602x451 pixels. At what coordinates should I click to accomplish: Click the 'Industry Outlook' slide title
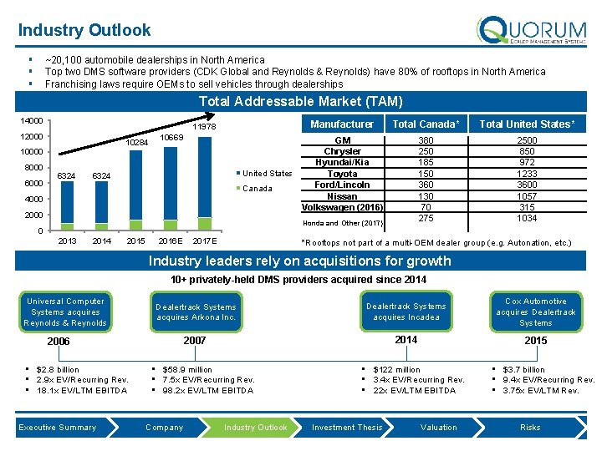[84, 31]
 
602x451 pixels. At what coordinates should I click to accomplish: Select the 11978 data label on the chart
[205, 127]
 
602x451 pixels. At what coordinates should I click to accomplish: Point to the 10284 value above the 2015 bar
[136, 142]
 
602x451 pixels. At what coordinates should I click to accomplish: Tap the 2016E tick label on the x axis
[171, 241]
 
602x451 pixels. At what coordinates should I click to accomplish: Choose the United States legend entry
[266, 174]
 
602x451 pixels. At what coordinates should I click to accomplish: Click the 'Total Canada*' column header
[426, 124]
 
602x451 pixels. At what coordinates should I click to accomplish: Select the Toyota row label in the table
[343, 174]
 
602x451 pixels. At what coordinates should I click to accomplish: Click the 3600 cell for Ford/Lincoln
[527, 185]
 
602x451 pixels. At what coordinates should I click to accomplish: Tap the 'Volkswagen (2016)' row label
[343, 207]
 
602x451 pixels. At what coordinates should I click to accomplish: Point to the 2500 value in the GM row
[527, 141]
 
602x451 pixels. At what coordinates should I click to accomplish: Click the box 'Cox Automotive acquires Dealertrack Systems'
[536, 312]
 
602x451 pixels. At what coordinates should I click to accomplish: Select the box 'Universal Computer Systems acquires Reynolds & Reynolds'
[65, 312]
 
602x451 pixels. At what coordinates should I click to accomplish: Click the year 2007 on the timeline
[194, 341]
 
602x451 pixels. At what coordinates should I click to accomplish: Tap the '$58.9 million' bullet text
[187, 369]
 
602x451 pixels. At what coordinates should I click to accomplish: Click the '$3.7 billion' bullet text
[523, 369]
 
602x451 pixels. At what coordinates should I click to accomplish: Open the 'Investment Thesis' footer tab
[347, 428]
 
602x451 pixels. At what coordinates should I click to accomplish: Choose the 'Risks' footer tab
[530, 428]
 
